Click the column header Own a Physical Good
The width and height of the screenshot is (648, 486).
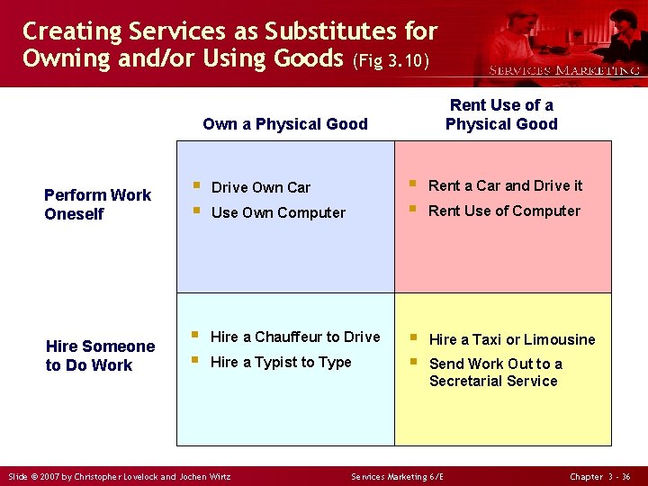point(285,124)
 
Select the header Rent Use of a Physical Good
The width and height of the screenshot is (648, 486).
point(501,114)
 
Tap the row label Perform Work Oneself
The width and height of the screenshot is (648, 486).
point(98,204)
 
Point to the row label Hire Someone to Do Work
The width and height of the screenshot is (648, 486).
point(100,355)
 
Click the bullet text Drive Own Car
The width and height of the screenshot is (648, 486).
point(260,187)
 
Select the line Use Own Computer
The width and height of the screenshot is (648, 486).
point(277,212)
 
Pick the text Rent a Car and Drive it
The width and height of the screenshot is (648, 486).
point(505,185)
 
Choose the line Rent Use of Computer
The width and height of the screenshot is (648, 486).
point(504,211)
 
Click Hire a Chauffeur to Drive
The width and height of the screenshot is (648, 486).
point(295,337)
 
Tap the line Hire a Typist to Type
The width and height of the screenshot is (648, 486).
point(281,362)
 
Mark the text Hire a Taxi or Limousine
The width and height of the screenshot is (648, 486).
point(511,339)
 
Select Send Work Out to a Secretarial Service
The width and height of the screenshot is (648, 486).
point(495,373)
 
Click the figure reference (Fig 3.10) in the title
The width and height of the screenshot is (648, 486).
point(391,62)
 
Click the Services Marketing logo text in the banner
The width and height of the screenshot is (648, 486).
point(563,70)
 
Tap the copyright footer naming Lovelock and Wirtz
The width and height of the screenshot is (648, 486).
point(119,476)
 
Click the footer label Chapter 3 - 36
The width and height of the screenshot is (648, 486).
point(600,476)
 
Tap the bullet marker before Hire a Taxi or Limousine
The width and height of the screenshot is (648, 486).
point(414,338)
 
